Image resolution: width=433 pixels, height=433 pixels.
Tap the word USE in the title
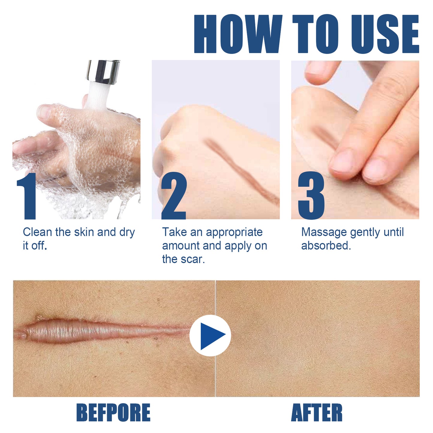[385, 34]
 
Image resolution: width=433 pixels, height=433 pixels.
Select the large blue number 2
[174, 196]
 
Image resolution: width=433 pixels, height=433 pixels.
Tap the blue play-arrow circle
[210, 335]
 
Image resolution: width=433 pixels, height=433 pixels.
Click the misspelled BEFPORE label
[113, 413]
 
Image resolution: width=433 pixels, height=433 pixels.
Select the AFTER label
[316, 413]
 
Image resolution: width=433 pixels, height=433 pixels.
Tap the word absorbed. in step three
[326, 246]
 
